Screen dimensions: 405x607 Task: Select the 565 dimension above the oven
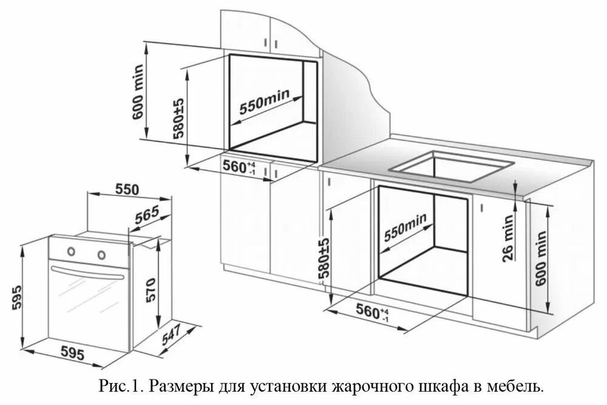(x=146, y=216)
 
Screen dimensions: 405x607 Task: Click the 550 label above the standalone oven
(x=128, y=189)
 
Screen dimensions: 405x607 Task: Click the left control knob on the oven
(x=72, y=250)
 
